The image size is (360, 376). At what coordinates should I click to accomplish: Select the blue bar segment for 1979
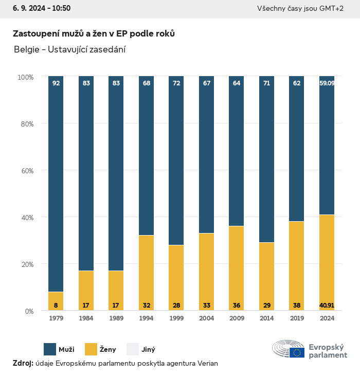pyautogui.click(x=56, y=185)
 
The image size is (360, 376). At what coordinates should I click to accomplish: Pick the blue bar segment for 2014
pyautogui.click(x=266, y=159)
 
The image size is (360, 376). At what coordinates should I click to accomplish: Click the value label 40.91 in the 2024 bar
pyautogui.click(x=327, y=305)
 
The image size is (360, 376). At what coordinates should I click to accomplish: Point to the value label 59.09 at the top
pyautogui.click(x=327, y=83)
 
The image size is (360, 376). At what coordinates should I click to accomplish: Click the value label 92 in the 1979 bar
pyautogui.click(x=56, y=83)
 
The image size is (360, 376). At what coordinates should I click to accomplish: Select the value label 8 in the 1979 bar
pyautogui.click(x=56, y=305)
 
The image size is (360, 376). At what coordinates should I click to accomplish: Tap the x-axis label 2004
pyautogui.click(x=206, y=318)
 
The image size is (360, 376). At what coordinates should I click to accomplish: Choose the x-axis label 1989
pyautogui.click(x=116, y=318)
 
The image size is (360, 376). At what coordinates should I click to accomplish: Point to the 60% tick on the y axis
pyautogui.click(x=26, y=170)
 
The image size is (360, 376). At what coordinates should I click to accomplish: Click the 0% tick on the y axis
pyautogui.click(x=28, y=311)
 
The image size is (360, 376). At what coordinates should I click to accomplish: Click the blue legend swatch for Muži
pyautogui.click(x=50, y=349)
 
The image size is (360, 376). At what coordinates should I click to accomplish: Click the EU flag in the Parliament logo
pyautogui.click(x=297, y=352)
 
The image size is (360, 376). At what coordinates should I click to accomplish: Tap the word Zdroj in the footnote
pyautogui.click(x=23, y=363)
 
